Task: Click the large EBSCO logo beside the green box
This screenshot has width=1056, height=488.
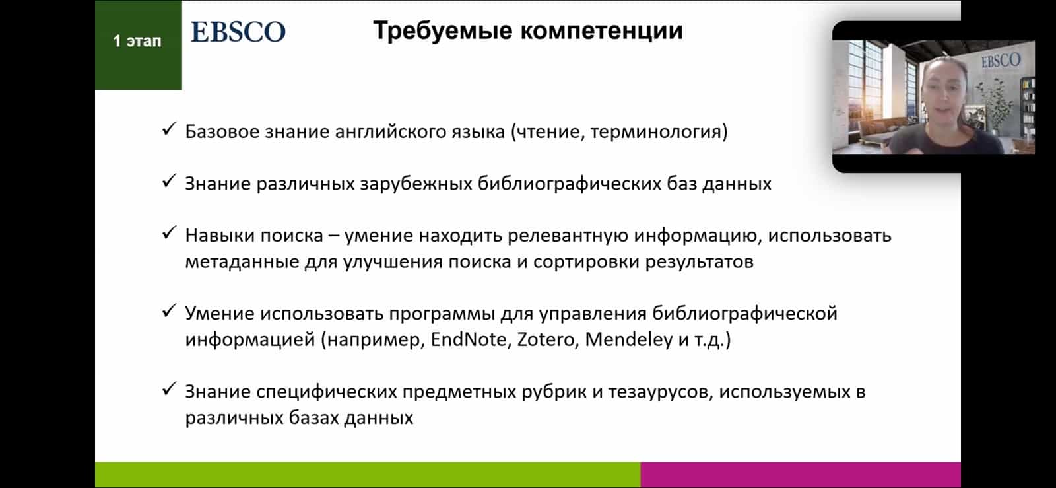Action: pyautogui.click(x=238, y=32)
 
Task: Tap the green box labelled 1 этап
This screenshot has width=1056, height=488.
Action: pyautogui.click(x=138, y=45)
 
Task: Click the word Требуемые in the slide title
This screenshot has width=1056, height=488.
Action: pyautogui.click(x=443, y=31)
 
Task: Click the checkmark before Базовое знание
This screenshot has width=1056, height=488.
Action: pyautogui.click(x=169, y=129)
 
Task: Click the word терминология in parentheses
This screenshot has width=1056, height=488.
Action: pyautogui.click(x=659, y=131)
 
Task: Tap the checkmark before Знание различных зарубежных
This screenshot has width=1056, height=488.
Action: pyautogui.click(x=169, y=180)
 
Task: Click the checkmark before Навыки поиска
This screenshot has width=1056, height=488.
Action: pyautogui.click(x=169, y=232)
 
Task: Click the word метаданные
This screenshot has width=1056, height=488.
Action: pyautogui.click(x=242, y=261)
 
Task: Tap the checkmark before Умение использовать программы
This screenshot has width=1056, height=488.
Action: pyautogui.click(x=169, y=311)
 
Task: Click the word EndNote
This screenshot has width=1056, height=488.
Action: pyautogui.click(x=469, y=339)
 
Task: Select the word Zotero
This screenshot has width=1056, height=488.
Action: pyautogui.click(x=545, y=339)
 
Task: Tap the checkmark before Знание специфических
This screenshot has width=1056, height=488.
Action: pyautogui.click(x=169, y=389)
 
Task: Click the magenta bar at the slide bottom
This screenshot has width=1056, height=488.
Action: pyautogui.click(x=801, y=475)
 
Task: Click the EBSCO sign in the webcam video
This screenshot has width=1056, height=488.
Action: pyautogui.click(x=1001, y=60)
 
